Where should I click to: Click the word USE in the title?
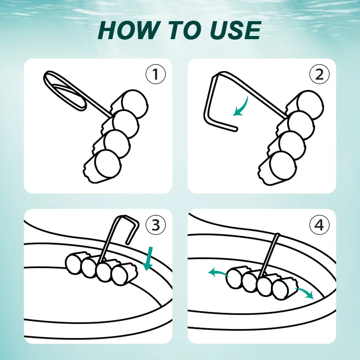235,30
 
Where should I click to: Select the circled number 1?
156,74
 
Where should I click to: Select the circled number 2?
319,74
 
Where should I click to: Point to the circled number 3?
156,225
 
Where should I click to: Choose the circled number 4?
319,225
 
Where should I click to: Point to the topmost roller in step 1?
131,104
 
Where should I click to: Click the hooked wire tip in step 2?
235,130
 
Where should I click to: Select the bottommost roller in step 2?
279,168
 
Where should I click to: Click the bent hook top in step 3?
129,219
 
